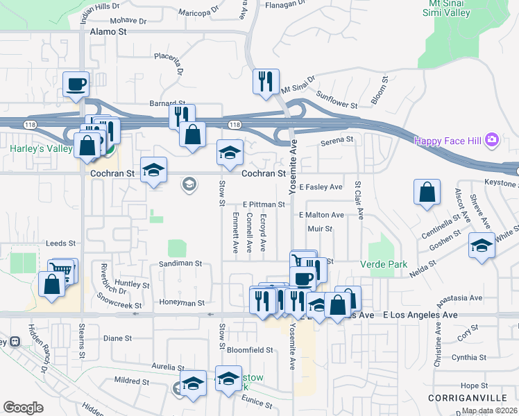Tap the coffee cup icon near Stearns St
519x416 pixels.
(x=76, y=85)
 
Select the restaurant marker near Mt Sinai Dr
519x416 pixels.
(x=266, y=82)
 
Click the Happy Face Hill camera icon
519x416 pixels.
(x=492, y=141)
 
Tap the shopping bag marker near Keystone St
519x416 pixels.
(x=427, y=192)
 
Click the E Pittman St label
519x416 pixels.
(x=264, y=205)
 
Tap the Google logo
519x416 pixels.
(x=23, y=408)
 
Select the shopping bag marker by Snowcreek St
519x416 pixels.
(x=53, y=284)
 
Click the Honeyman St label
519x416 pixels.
(x=182, y=303)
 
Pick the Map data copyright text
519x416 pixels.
(x=488, y=410)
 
